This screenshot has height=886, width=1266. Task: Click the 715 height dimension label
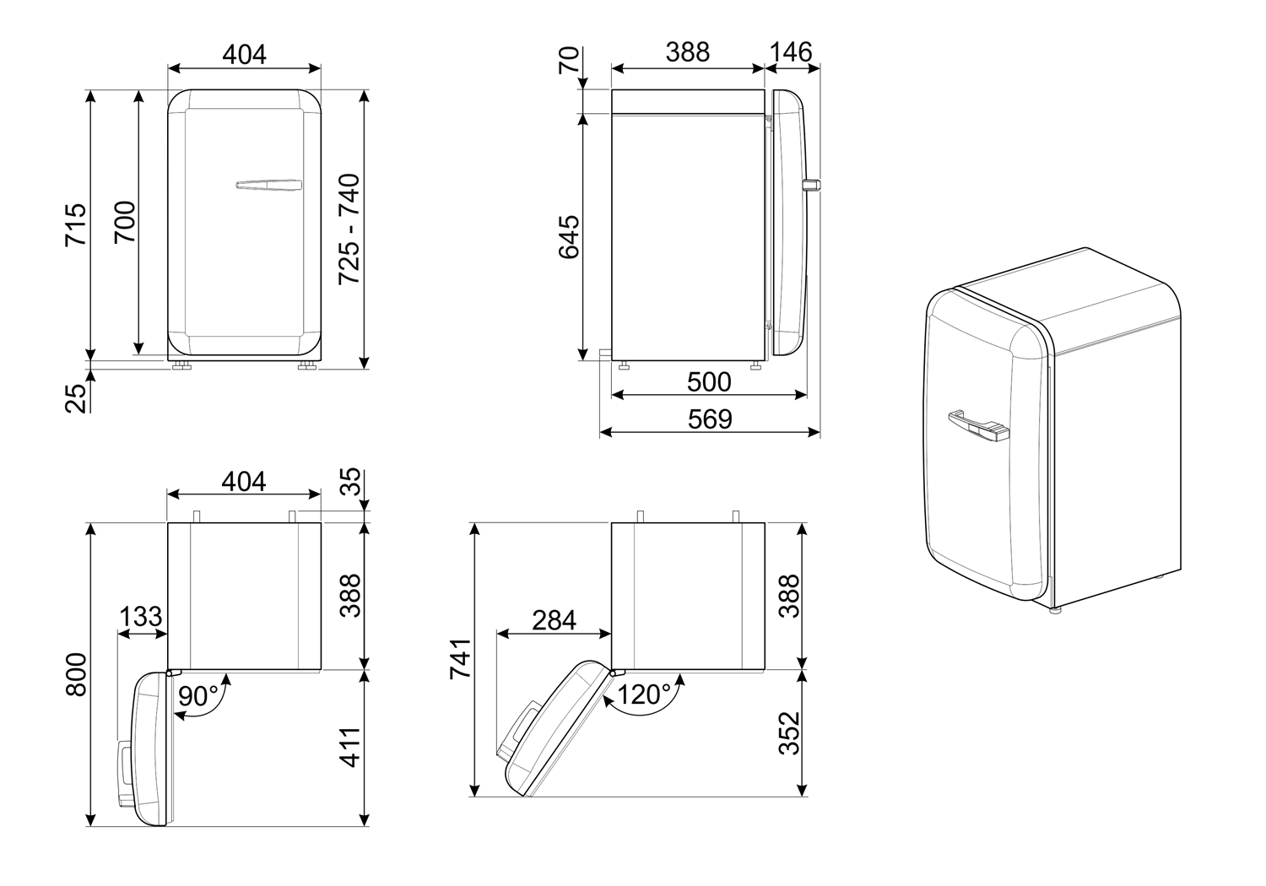[x=76, y=224]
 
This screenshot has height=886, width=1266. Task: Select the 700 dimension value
[x=126, y=222]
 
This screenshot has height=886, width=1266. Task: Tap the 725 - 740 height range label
[x=349, y=229]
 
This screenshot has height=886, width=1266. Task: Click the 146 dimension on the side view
[x=791, y=52]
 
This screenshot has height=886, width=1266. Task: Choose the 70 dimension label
[x=569, y=61]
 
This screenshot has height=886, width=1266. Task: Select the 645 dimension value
[x=569, y=237]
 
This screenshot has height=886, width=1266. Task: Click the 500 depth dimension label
[x=709, y=382]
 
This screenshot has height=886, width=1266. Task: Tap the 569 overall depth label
[x=710, y=419]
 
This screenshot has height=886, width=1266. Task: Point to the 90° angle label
[x=198, y=695]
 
